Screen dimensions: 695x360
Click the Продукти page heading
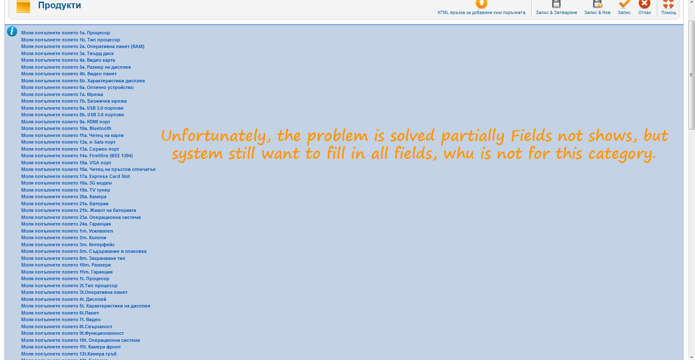click(60, 5)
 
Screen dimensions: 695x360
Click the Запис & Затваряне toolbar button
click(556, 8)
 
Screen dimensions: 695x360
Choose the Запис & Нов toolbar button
click(597, 8)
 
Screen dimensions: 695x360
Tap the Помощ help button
click(669, 8)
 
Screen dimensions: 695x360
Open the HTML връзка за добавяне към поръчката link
click(482, 8)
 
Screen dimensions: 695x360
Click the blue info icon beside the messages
click(12, 31)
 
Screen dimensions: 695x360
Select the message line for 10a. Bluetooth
click(66, 128)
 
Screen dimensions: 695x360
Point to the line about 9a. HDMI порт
click(65, 122)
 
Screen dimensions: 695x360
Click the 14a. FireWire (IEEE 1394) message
click(77, 156)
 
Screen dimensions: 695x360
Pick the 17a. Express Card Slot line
click(75, 176)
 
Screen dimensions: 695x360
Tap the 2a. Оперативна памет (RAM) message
click(83, 46)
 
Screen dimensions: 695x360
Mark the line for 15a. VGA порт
click(66, 163)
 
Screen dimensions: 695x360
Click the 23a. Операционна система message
click(81, 217)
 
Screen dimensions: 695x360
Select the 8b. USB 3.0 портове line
click(73, 115)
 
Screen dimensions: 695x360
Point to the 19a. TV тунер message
click(65, 190)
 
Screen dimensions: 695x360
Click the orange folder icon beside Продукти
click(23, 6)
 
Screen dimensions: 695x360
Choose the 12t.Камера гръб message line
click(69, 354)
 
